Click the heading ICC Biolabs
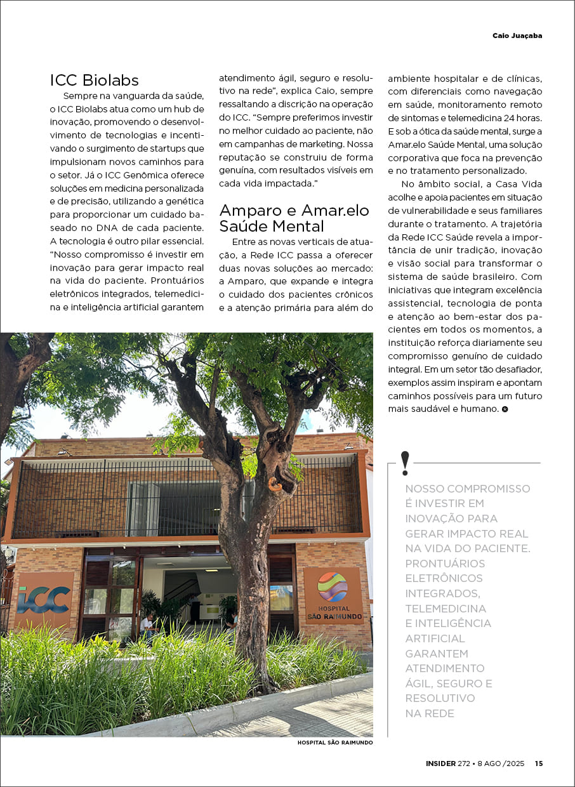point(94,80)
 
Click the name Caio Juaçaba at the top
point(517,36)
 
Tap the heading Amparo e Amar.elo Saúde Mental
point(294,218)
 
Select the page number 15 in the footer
point(538,764)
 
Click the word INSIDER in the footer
point(440,764)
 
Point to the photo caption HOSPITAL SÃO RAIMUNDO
point(334,742)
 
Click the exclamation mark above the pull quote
point(405,463)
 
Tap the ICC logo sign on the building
point(44,599)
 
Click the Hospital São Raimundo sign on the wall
point(333,593)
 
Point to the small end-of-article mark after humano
point(505,409)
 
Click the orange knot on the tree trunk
point(275,484)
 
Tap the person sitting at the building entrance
point(148,625)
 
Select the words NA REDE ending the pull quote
point(430,713)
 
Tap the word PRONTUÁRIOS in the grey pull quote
point(445,564)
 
